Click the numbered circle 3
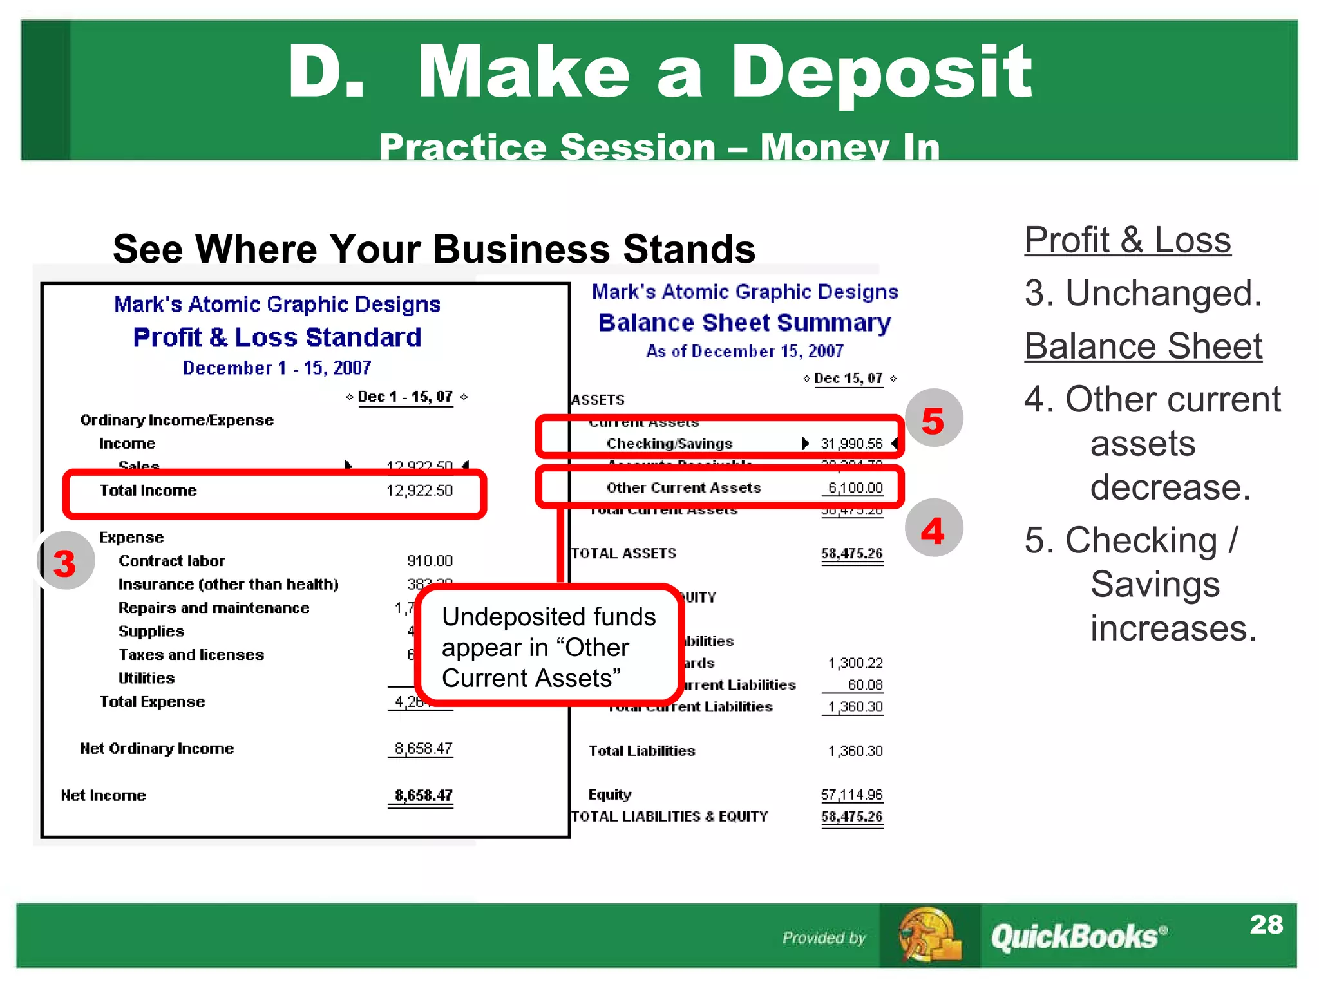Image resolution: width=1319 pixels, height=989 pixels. (x=65, y=561)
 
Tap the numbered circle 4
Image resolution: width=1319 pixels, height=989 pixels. (x=933, y=529)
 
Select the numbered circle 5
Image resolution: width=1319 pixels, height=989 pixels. (x=933, y=419)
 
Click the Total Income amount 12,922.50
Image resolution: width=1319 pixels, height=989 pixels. (x=419, y=491)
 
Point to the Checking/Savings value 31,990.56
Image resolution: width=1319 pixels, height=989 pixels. (x=851, y=444)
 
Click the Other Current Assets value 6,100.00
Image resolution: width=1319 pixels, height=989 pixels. (x=855, y=488)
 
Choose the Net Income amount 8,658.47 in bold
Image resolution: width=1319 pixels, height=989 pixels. (x=423, y=796)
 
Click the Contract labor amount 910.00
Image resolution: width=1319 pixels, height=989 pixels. (x=430, y=561)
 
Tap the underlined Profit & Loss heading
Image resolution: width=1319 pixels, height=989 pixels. (x=1127, y=240)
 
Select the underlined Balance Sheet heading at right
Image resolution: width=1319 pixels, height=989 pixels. (x=1143, y=346)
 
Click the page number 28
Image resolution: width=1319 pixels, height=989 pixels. (x=1266, y=925)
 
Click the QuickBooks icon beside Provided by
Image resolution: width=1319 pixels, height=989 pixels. (x=929, y=935)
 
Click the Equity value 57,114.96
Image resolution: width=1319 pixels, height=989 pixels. (x=851, y=795)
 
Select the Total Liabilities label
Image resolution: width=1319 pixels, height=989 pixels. (x=641, y=751)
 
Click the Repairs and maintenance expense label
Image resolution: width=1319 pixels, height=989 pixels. (x=214, y=608)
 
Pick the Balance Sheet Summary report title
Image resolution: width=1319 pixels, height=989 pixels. (x=745, y=323)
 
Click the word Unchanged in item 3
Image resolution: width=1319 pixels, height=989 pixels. (x=1162, y=294)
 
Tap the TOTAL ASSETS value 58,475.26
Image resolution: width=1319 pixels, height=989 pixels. (x=851, y=554)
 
